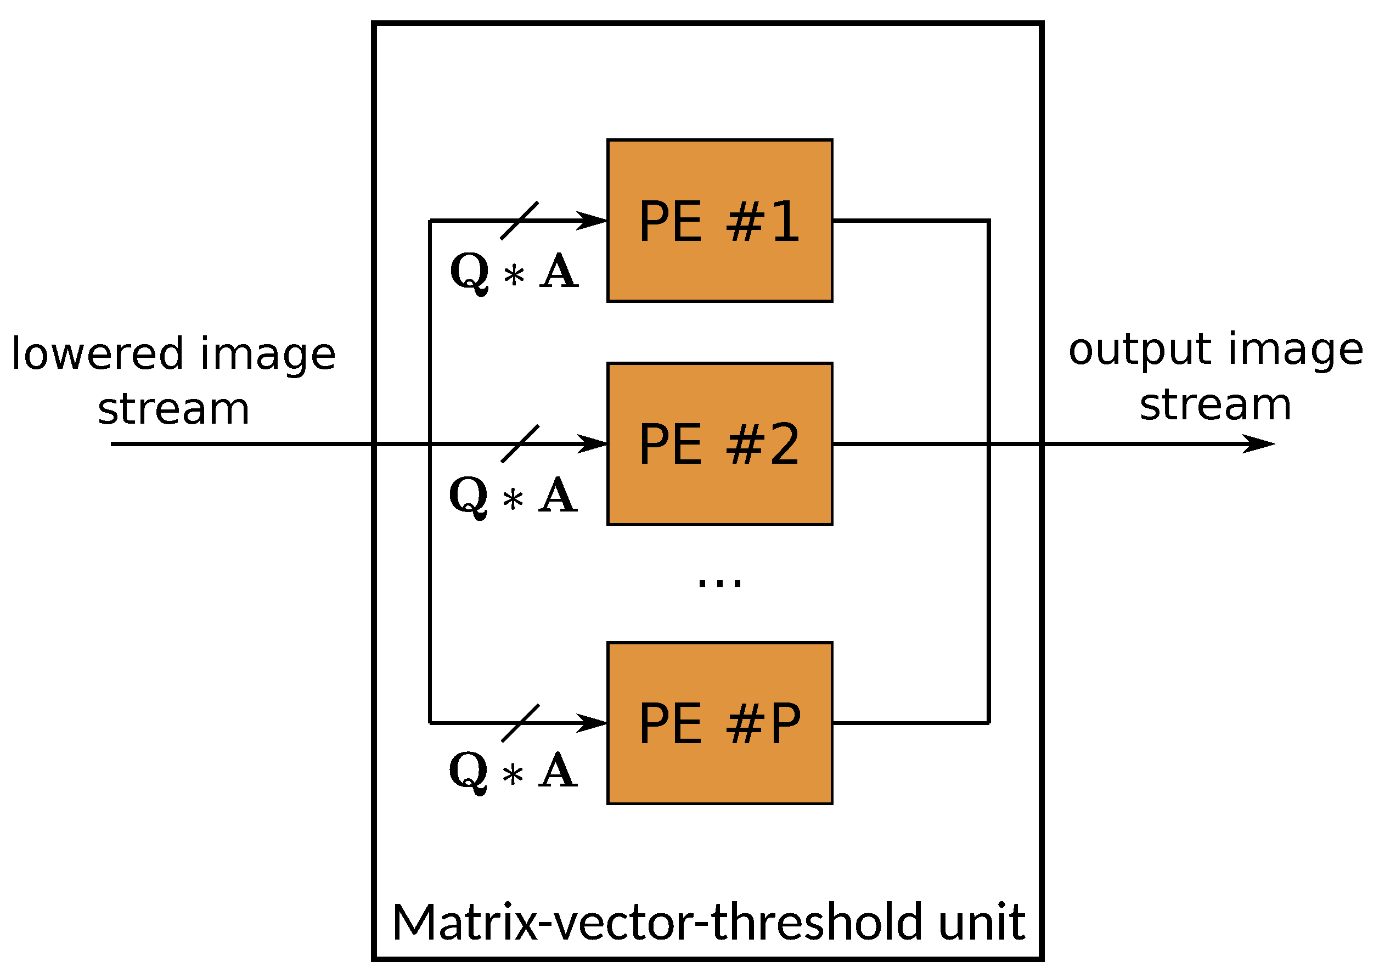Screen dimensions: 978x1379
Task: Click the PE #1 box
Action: click(719, 221)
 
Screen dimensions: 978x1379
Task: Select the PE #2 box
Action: click(719, 444)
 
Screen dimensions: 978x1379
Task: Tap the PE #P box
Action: click(719, 723)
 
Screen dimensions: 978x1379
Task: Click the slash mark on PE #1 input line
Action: click(519, 221)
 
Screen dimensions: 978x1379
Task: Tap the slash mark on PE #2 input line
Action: click(520, 444)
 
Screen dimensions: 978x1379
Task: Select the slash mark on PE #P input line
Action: click(520, 723)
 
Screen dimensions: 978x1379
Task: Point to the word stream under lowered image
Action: click(173, 409)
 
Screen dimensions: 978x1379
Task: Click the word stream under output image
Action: click(1215, 404)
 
